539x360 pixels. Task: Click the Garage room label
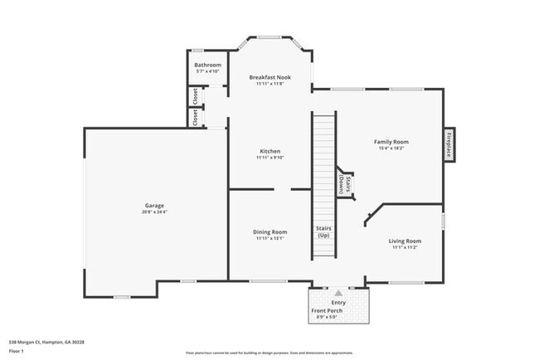click(x=155, y=205)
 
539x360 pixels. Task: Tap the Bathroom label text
click(x=207, y=65)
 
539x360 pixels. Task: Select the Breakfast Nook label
click(x=269, y=77)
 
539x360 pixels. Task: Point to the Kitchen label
click(x=270, y=151)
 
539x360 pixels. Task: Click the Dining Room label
click(x=270, y=231)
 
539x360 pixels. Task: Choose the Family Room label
click(x=391, y=142)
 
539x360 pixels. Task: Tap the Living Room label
click(x=405, y=241)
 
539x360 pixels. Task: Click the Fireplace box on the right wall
click(x=449, y=145)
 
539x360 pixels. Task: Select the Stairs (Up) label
click(x=323, y=231)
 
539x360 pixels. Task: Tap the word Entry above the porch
click(x=338, y=303)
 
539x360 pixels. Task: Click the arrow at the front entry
click(x=338, y=293)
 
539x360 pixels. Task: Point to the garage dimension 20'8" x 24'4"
click(x=155, y=212)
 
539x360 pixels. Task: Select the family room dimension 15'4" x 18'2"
click(x=391, y=148)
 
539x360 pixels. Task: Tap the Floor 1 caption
click(x=17, y=350)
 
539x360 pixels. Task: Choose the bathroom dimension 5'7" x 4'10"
click(x=207, y=71)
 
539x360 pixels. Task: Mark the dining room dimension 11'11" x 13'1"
click(x=270, y=238)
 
